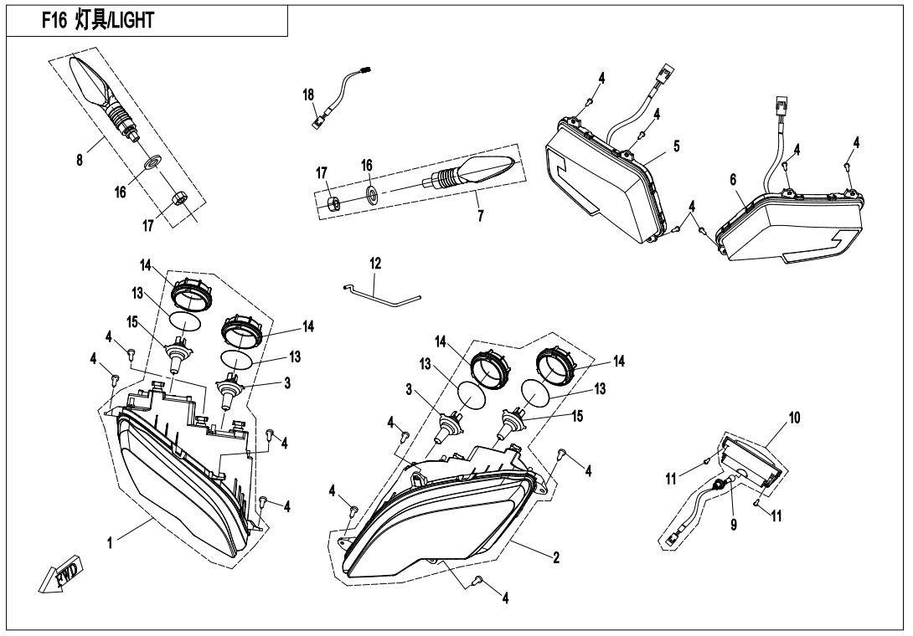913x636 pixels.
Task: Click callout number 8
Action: click(x=80, y=159)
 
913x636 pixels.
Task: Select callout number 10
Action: click(x=793, y=416)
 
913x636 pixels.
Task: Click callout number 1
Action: click(x=109, y=541)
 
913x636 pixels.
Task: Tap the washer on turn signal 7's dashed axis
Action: click(x=372, y=197)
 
